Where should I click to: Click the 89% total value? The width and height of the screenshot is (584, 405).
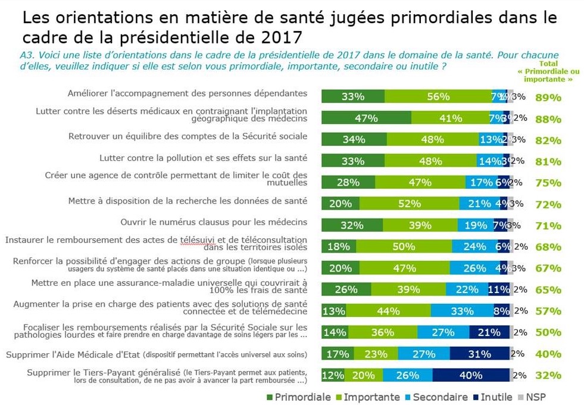548,98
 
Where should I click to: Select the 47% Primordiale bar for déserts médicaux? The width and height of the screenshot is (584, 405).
366,118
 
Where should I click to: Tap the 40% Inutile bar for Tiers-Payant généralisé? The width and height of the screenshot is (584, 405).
471,375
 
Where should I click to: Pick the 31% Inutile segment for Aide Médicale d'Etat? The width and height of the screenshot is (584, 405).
480,354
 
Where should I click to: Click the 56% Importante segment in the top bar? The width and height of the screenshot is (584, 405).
438,96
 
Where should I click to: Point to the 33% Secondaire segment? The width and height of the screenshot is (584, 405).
462,311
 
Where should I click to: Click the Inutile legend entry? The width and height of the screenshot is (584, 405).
493,397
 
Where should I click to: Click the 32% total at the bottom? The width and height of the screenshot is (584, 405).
548,375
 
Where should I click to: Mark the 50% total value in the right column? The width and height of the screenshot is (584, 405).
548,332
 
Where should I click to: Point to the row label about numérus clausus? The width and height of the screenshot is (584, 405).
213,222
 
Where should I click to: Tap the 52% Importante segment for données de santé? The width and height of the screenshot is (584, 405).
405,204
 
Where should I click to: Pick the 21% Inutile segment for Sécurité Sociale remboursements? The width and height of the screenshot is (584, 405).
489,332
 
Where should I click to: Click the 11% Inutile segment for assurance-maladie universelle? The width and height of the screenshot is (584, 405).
499,289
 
